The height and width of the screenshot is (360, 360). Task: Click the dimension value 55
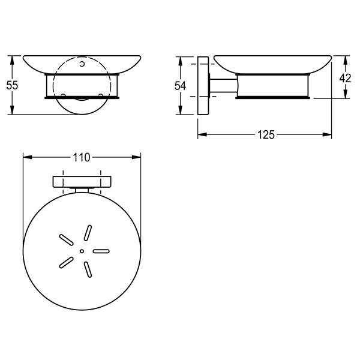pyautogui.click(x=12, y=85)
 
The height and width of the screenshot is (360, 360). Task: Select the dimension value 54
pyautogui.click(x=180, y=86)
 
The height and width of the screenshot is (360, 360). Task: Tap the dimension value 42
pyautogui.click(x=345, y=78)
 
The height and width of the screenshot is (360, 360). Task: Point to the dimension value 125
pyautogui.click(x=266, y=135)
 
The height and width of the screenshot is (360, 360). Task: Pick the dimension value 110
pyautogui.click(x=82, y=157)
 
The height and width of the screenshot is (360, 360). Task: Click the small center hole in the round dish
pyautogui.click(x=82, y=251)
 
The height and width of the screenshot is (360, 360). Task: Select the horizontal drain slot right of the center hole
pyautogui.click(x=101, y=251)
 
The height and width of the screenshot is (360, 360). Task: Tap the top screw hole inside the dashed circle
pyautogui.click(x=82, y=64)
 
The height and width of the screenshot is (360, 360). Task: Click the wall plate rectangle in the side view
pyautogui.click(x=203, y=85)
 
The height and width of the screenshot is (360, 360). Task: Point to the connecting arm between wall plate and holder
pyautogui.click(x=223, y=86)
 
